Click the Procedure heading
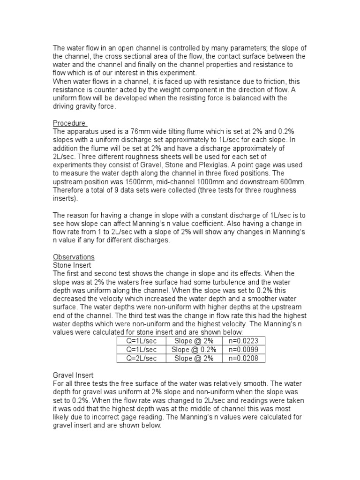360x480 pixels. (69, 123)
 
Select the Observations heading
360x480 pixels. (74, 257)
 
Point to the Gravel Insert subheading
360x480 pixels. (74, 375)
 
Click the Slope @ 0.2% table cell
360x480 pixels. (194, 350)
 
